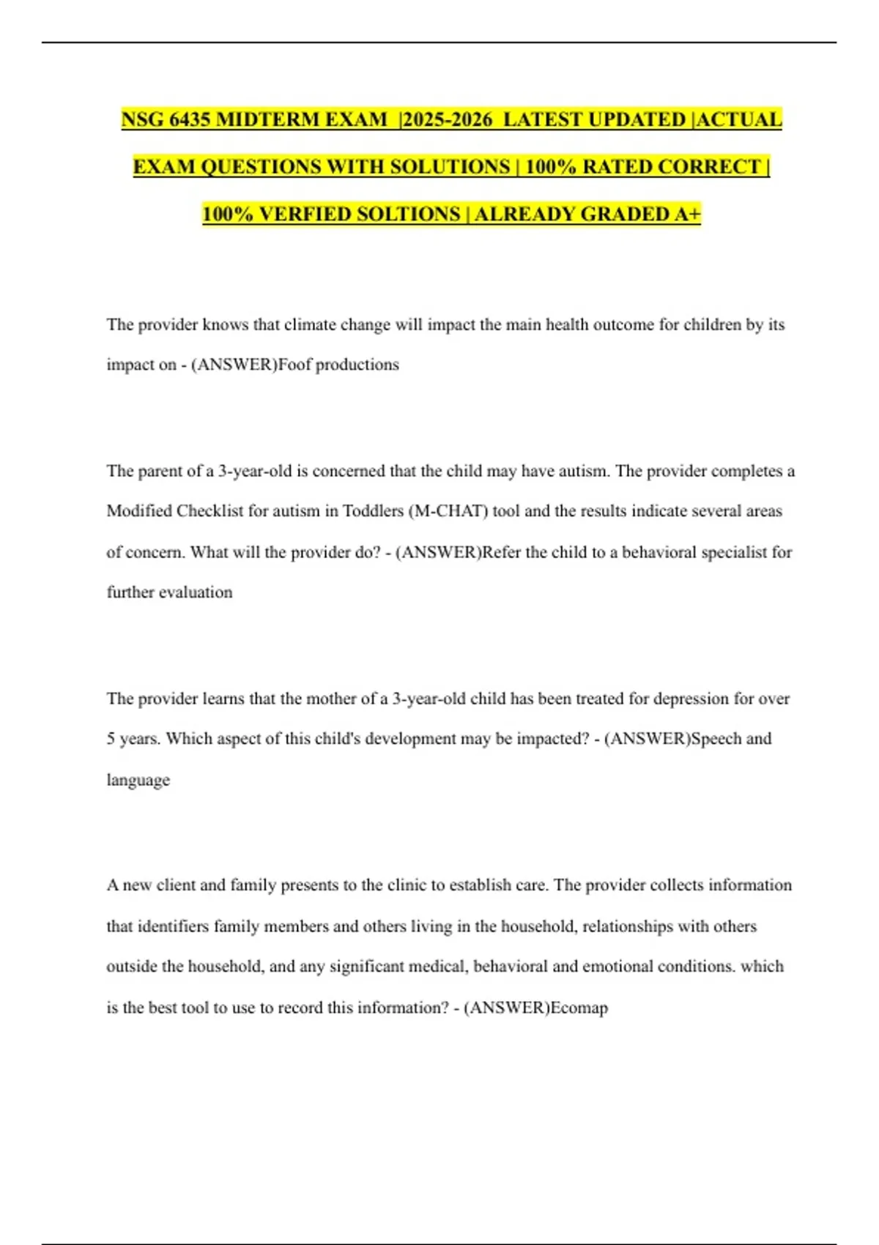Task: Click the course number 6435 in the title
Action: click(190, 119)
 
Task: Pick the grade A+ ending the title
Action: click(688, 214)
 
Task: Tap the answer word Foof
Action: click(294, 365)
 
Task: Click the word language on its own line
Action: click(138, 780)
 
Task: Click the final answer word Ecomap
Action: click(579, 1008)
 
